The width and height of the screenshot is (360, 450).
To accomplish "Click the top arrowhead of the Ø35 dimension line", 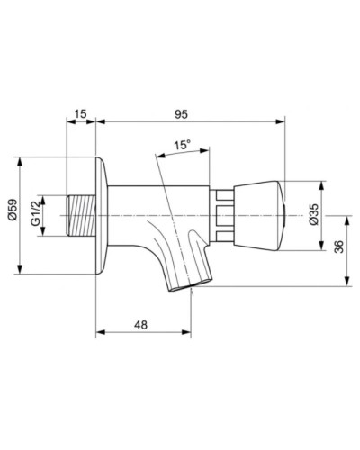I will [326, 182].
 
